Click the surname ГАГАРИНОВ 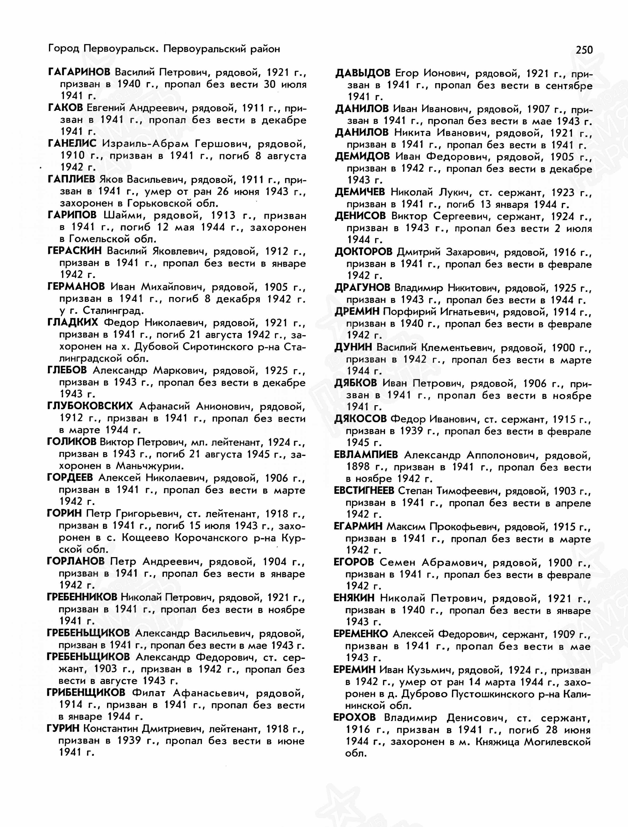[79, 72]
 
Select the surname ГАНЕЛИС [72, 144]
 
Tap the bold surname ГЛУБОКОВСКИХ [90, 406]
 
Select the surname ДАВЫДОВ [363, 73]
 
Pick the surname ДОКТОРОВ [363, 252]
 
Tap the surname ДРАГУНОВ [362, 288]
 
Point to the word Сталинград [113, 311]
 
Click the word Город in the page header [63, 49]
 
